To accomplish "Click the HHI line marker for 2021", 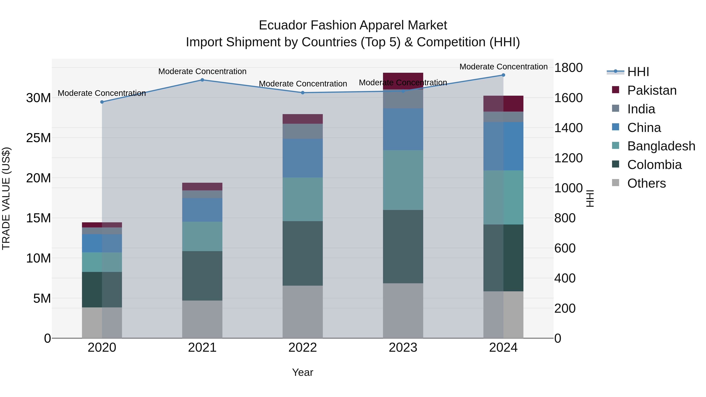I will pyautogui.click(x=202, y=80).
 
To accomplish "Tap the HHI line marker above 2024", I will pyautogui.click(x=503, y=75).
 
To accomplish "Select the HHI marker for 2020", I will pyautogui.click(x=102, y=102).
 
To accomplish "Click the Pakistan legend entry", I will pyautogui.click(x=652, y=90).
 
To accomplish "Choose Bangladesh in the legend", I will pyautogui.click(x=661, y=146).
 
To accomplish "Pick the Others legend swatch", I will pyautogui.click(x=616, y=183).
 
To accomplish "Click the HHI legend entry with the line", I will pyautogui.click(x=628, y=72).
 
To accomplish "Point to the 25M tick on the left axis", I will pyautogui.click(x=38, y=138).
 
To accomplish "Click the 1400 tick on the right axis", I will pyautogui.click(x=568, y=128).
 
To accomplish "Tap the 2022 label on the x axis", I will pyautogui.click(x=303, y=348).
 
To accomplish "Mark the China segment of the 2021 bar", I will pyautogui.click(x=202, y=210).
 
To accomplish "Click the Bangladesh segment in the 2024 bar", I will pyautogui.click(x=503, y=197).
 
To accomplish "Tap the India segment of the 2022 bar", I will pyautogui.click(x=303, y=131).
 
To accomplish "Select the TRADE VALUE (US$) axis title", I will pyautogui.click(x=6, y=198).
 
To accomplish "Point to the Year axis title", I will pyautogui.click(x=303, y=372).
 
